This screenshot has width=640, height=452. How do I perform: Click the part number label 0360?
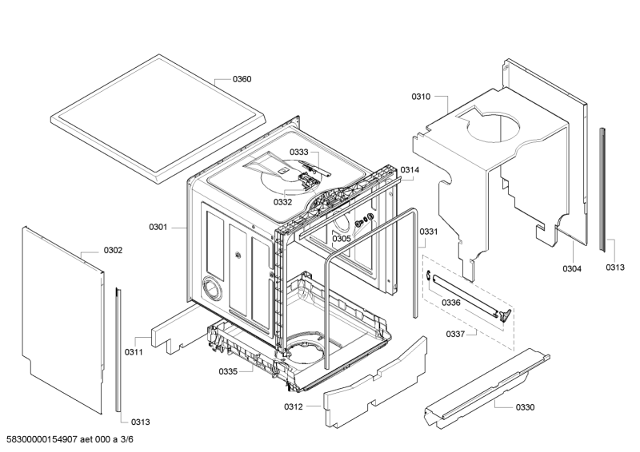242,79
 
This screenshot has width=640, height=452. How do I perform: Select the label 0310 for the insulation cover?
421,97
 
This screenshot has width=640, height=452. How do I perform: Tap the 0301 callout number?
158,227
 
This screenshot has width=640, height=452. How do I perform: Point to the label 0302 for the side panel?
113,250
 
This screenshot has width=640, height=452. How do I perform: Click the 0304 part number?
572,268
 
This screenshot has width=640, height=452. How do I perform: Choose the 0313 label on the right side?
615,268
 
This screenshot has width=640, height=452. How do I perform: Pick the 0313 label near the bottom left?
141,422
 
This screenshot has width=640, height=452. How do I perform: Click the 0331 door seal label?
429,232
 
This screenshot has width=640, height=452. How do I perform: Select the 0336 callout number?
451,303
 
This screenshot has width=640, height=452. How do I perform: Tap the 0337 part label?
455,335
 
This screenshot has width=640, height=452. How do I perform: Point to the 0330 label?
525,407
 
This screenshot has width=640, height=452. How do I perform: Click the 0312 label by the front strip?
294,406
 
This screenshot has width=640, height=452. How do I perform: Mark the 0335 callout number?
228,371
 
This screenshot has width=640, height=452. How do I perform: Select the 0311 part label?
134,351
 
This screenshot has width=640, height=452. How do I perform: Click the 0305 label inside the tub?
342,239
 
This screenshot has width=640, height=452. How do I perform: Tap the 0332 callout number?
283,202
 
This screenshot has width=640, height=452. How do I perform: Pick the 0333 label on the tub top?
299,152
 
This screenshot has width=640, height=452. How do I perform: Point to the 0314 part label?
410,170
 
